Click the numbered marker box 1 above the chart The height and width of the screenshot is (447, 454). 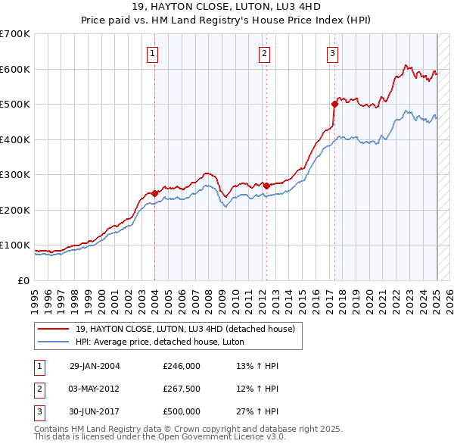click(x=154, y=53)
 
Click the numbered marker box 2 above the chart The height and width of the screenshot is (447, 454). click(x=264, y=53)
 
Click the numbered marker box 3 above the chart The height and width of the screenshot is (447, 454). click(x=333, y=53)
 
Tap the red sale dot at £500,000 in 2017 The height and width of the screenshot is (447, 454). click(x=334, y=104)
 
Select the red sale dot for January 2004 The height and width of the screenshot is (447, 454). click(x=154, y=193)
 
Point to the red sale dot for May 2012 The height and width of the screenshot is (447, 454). click(x=266, y=186)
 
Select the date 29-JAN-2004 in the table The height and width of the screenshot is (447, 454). click(x=95, y=367)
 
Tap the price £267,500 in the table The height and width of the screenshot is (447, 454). click(x=182, y=389)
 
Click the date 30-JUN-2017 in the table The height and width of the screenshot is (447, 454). click(x=95, y=411)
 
